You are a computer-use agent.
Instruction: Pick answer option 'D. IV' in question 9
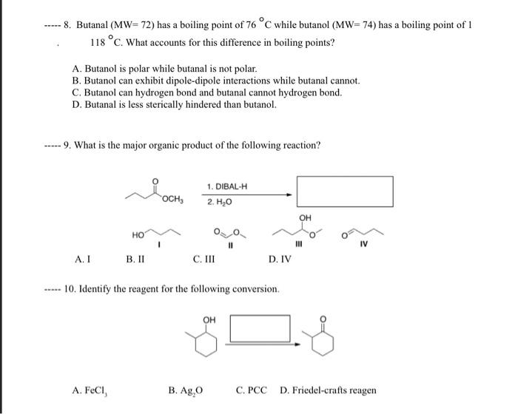click(x=280, y=259)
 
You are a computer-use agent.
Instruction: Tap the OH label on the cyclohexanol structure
click(x=209, y=320)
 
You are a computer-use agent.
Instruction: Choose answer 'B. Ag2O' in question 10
click(x=185, y=390)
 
